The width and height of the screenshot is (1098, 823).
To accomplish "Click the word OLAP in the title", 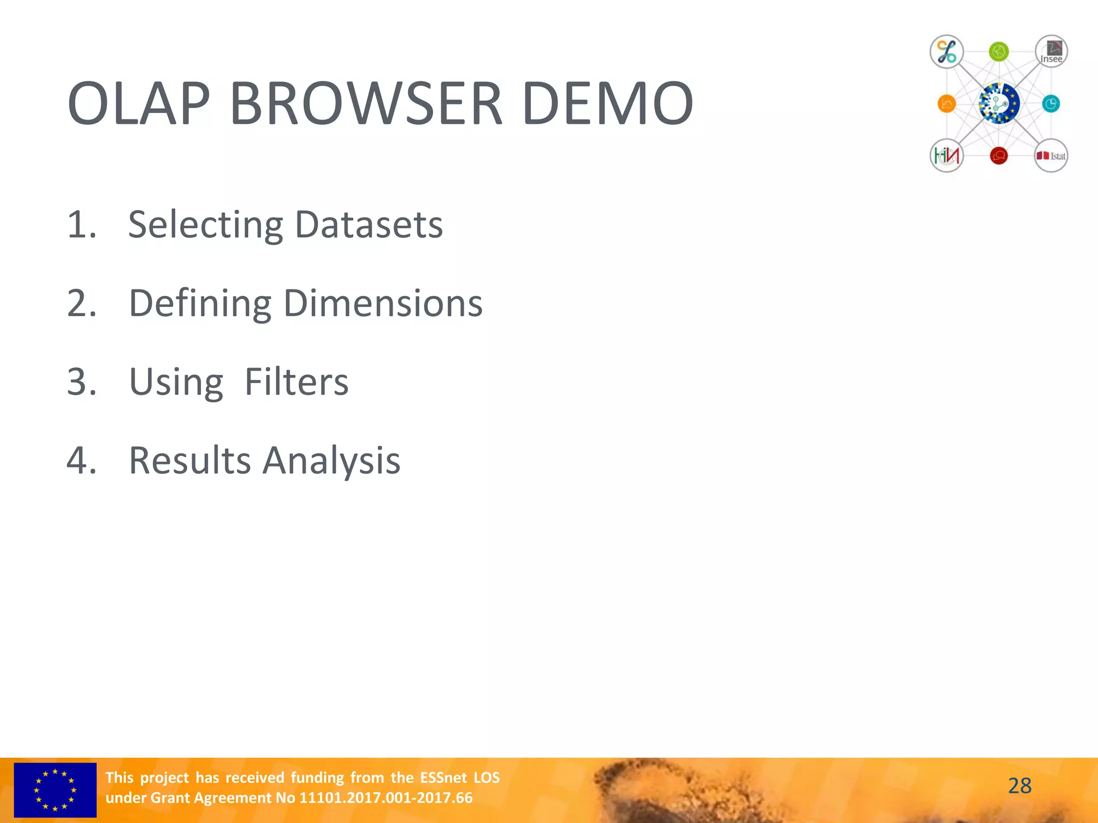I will tap(138, 103).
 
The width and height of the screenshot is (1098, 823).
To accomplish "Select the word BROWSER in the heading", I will tap(366, 103).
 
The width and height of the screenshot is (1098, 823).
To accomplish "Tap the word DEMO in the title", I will tap(607, 103).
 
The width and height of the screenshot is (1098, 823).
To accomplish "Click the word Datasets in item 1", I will tap(369, 225).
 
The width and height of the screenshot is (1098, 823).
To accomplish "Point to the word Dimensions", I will tap(383, 304).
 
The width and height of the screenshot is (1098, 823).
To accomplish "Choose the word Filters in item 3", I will tap(296, 382).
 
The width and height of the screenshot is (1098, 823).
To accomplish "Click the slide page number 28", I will tap(1019, 786).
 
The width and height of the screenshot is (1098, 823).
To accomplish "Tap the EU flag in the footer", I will tap(55, 790).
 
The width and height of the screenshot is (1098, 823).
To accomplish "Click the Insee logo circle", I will tap(1051, 52).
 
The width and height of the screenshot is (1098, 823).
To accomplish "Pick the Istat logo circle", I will tap(1051, 156).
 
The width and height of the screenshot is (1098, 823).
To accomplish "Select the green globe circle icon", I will tap(998, 52).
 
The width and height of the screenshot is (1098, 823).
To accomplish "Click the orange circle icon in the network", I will tap(946, 103).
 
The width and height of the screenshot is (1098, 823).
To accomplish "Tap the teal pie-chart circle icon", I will tap(1051, 103).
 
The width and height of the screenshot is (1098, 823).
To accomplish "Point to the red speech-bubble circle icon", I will tap(998, 156).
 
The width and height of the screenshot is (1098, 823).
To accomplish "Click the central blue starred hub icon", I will tap(998, 103).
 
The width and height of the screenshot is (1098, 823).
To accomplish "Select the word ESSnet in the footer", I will tap(443, 777).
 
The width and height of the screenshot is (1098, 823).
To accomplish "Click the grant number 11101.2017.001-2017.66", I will tap(385, 798).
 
